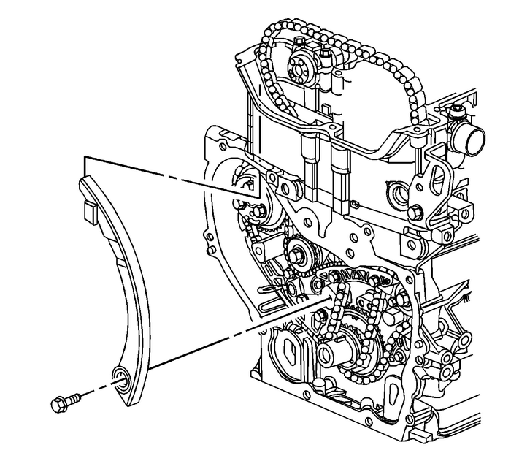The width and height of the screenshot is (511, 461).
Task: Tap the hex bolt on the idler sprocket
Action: (x=297, y=256)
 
